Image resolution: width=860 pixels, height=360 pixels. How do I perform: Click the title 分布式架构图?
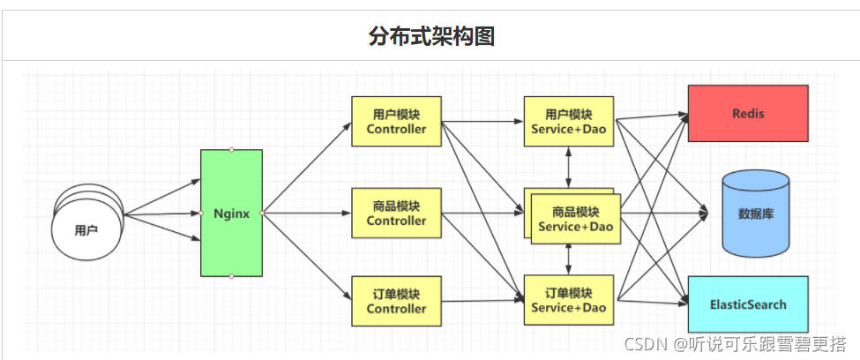tap(431, 36)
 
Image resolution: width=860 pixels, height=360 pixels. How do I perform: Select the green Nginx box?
tap(231, 213)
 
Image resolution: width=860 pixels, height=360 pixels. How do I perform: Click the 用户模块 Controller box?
tap(396, 122)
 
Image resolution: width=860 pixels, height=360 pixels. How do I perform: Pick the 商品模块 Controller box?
tap(396, 213)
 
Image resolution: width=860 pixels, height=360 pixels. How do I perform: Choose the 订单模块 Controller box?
tap(396, 301)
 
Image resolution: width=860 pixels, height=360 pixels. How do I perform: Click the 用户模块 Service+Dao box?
tap(569, 122)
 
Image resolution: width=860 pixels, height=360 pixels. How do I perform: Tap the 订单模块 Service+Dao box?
tap(569, 301)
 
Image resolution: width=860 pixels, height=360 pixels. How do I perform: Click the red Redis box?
tap(747, 113)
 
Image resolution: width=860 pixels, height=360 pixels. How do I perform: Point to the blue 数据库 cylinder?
tap(755, 213)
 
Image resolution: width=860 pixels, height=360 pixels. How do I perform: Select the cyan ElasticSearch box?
tap(747, 304)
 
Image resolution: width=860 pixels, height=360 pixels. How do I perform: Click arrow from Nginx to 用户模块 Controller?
tap(306, 169)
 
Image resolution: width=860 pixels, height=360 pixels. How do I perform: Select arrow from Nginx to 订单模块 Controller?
tap(306, 257)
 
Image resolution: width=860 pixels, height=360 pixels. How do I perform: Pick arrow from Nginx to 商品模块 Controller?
tap(306, 213)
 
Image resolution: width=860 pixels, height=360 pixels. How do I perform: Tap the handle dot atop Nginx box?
tap(231, 149)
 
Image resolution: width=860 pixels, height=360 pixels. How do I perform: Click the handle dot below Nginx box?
tap(231, 276)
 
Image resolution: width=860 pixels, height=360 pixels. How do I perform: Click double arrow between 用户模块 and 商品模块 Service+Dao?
tap(569, 167)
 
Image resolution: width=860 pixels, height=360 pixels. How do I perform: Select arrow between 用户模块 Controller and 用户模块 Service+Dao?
tap(482, 122)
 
